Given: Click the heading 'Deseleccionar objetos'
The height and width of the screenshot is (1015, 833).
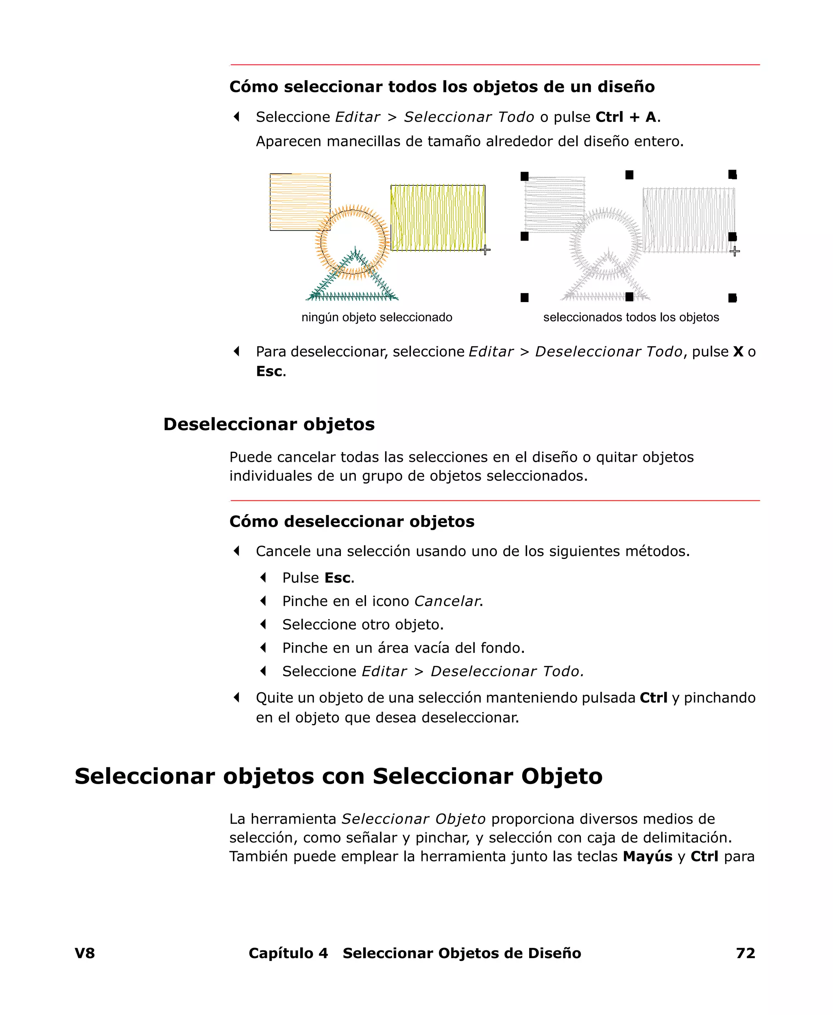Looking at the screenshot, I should pyautogui.click(x=269, y=424).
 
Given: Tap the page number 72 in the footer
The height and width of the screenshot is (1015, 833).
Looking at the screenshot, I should pyautogui.click(x=745, y=953).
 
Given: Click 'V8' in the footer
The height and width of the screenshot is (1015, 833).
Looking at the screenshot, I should pyautogui.click(x=85, y=953).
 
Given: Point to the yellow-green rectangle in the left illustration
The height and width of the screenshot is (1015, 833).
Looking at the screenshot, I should pyautogui.click(x=438, y=218).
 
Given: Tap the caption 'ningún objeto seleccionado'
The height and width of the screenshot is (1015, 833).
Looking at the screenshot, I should pyautogui.click(x=377, y=317).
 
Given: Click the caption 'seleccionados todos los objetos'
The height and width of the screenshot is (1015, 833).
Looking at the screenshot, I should pyautogui.click(x=630, y=317).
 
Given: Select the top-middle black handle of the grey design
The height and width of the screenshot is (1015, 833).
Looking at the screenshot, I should pyautogui.click(x=629, y=175).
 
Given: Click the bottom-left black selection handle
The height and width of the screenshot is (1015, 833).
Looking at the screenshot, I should pyautogui.click(x=524, y=298).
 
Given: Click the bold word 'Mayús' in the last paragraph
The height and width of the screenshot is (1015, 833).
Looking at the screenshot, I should pyautogui.click(x=647, y=856).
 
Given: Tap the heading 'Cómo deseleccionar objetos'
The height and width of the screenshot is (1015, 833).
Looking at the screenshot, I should pyautogui.click(x=352, y=522).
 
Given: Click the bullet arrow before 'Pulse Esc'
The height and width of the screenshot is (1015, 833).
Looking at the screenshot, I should pyautogui.click(x=263, y=578).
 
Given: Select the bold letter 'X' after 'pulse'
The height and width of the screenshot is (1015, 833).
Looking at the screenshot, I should pyautogui.click(x=737, y=352).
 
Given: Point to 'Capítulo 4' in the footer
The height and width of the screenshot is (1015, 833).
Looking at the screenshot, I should pyautogui.click(x=288, y=953).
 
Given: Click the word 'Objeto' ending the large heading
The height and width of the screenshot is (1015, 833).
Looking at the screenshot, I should pyautogui.click(x=561, y=776).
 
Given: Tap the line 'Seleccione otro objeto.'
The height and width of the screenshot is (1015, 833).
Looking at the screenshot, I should pyautogui.click(x=363, y=625).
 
